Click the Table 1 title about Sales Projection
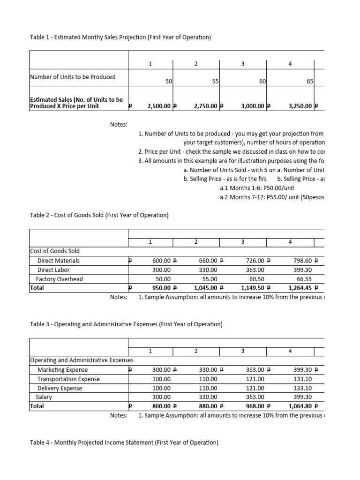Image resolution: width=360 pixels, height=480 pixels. point(120,37)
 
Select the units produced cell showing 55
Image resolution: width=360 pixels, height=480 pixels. point(215,81)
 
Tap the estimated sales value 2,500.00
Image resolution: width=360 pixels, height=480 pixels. point(158,106)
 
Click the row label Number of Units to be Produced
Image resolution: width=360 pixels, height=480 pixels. point(73,77)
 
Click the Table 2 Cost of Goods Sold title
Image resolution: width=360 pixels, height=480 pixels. point(99,215)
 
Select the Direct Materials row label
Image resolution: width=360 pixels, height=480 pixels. point(58,261)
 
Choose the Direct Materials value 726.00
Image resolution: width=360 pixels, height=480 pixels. point(254,261)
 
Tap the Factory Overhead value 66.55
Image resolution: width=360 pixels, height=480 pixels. point(304,279)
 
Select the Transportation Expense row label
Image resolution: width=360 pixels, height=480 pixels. point(68,379)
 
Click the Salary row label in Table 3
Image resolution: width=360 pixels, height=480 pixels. point(45,397)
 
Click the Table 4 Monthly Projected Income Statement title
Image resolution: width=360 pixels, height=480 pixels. point(124,442)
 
